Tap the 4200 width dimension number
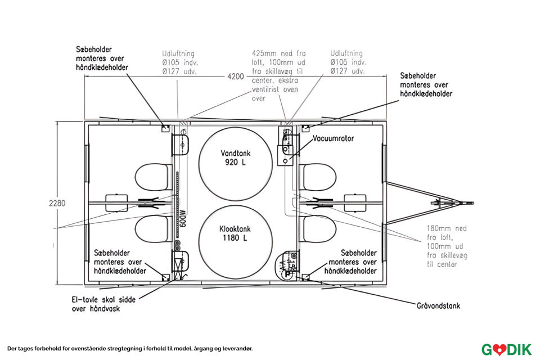pos(236,76)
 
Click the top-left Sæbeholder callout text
pos(101,58)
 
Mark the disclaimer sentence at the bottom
pos(130,349)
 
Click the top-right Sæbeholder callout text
pos(426,84)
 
